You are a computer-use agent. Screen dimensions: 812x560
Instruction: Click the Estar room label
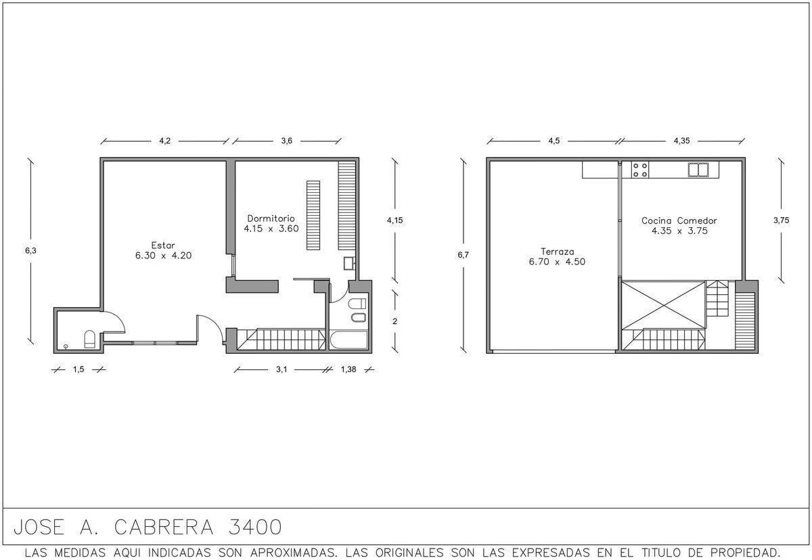163,246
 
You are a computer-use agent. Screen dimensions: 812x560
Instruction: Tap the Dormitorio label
271,218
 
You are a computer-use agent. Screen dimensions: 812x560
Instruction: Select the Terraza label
557,252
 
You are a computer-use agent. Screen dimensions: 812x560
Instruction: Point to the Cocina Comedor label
679,220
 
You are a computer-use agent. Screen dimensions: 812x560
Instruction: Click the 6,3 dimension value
31,250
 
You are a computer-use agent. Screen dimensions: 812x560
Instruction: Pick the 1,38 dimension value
348,369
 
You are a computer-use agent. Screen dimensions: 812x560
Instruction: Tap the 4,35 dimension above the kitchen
681,141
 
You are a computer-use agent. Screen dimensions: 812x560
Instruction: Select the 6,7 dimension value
463,255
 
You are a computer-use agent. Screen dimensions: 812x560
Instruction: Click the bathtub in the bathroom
348,340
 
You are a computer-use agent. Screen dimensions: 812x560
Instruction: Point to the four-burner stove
640,170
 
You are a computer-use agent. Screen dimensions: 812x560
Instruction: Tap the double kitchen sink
698,170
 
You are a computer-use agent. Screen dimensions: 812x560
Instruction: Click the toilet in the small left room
89,339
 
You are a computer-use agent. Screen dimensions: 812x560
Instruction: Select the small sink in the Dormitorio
349,263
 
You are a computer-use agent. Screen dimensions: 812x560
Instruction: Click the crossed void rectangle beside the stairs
663,305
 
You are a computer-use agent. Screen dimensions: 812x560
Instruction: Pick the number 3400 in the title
255,527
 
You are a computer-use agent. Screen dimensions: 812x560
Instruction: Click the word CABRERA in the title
164,527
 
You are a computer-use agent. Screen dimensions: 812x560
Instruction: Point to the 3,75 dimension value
781,220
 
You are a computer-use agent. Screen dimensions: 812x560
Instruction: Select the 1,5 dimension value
78,369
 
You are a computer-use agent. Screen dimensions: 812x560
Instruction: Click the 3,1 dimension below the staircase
281,369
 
